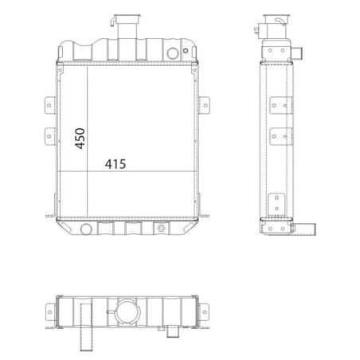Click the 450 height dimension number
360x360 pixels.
click(80, 139)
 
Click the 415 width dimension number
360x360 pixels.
click(115, 164)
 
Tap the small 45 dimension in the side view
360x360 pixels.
click(256, 30)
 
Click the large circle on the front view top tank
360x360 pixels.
click(173, 53)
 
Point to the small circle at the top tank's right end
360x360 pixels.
click(186, 50)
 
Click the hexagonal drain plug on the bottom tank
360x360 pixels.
click(161, 228)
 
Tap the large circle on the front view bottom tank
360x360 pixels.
click(86, 229)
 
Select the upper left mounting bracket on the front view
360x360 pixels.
click(50, 105)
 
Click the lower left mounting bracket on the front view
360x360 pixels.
click(50, 136)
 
